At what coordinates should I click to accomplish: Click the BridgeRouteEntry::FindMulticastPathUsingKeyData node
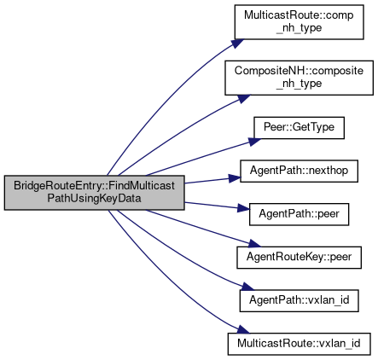pos(94,193)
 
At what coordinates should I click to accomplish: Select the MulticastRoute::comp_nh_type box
pos(299,22)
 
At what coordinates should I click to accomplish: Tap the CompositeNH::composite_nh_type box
pos(299,78)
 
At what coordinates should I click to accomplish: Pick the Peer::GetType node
pos(299,128)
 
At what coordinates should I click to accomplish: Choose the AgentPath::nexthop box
pos(299,171)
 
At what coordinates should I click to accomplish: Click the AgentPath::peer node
pos(299,214)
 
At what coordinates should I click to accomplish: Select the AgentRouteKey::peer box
pos(299,258)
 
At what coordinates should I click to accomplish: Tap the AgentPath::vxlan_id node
pos(299,300)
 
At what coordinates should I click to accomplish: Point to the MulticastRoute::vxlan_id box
pos(299,344)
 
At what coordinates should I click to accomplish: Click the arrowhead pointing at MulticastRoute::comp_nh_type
pos(238,44)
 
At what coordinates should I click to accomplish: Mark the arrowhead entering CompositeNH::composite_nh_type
pos(244,99)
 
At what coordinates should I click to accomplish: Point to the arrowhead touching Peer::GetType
pos(255,142)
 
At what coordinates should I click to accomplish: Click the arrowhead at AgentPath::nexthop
pos(235,178)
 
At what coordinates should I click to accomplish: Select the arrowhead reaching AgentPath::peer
pos(244,208)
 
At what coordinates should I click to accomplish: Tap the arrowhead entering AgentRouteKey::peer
pos(254,243)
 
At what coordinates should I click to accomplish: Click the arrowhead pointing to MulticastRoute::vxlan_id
pos(243,330)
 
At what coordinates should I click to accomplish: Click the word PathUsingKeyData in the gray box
pos(94,198)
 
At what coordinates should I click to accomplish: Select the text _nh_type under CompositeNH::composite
pos(299,84)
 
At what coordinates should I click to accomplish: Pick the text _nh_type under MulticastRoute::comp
pos(299,28)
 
